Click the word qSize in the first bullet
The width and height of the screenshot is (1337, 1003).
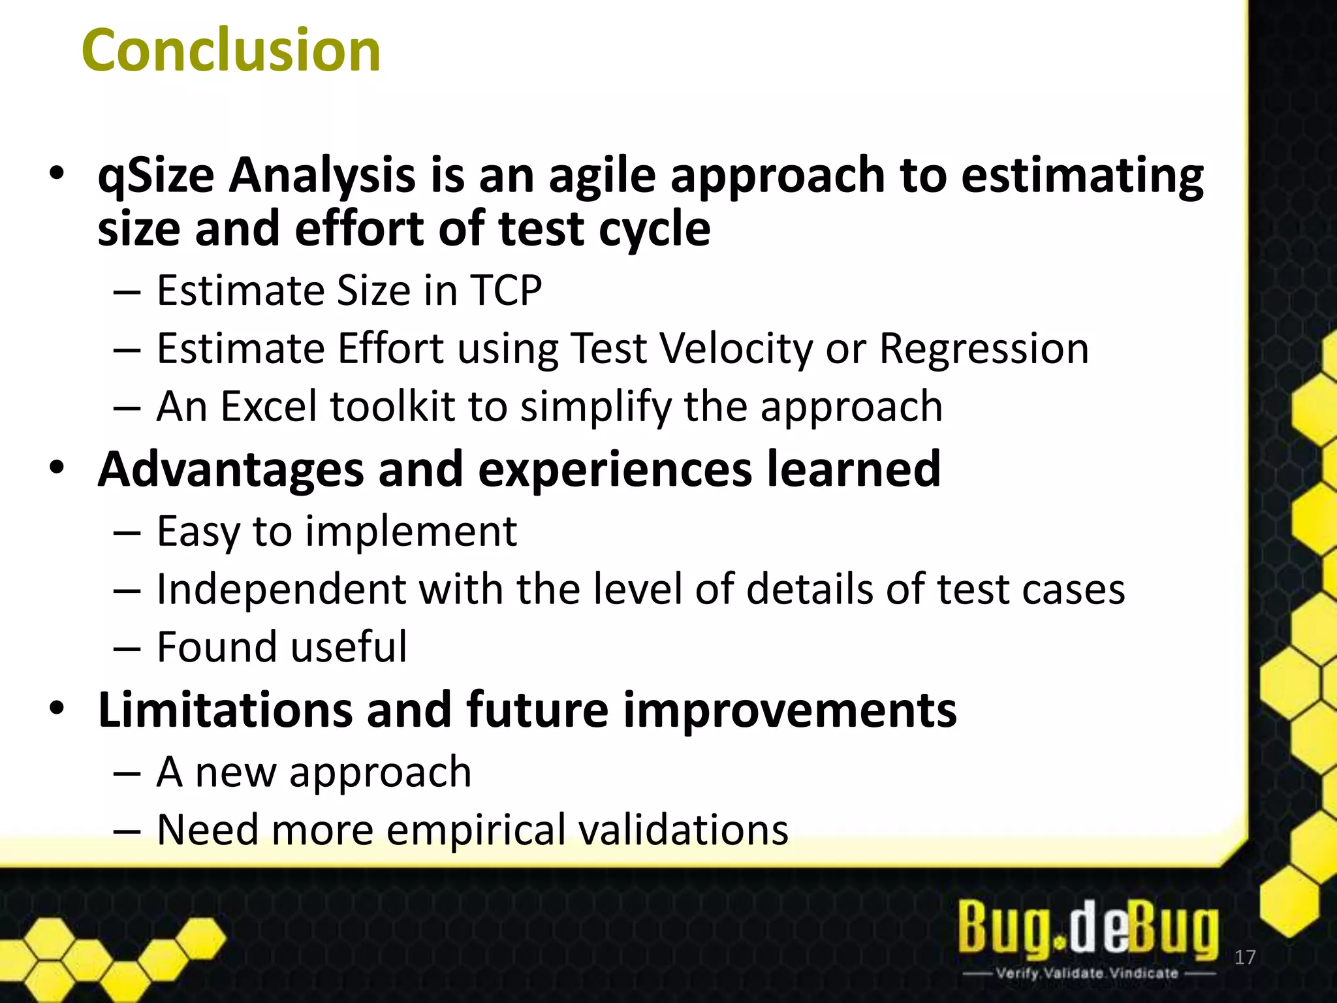[x=155, y=176]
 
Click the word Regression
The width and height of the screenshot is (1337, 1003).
[x=984, y=349]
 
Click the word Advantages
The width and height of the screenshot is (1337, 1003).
[x=230, y=470]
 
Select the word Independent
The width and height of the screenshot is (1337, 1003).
[x=281, y=589]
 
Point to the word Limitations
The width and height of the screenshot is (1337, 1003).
[x=225, y=710]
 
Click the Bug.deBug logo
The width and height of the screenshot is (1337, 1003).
[x=1088, y=927]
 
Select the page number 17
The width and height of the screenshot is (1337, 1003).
[x=1245, y=957]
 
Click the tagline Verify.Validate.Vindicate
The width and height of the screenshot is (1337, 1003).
[x=1087, y=973]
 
